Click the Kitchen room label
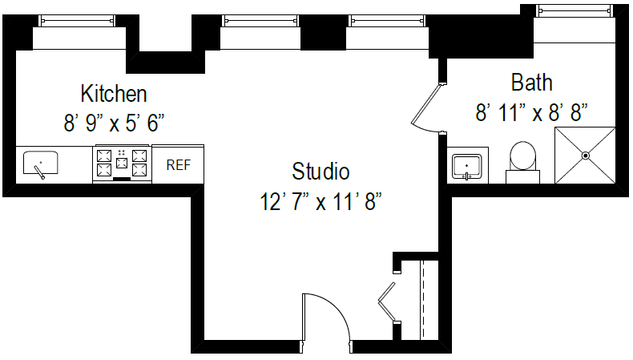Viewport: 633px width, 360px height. pyautogui.click(x=114, y=94)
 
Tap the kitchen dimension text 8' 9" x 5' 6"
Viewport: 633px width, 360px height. pyautogui.click(x=114, y=123)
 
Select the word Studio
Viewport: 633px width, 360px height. pyautogui.click(x=321, y=171)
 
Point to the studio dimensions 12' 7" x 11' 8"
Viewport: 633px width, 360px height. pyautogui.click(x=321, y=200)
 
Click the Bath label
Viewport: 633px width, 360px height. pyautogui.click(x=532, y=83)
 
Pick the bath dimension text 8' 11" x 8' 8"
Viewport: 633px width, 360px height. pyautogui.click(x=532, y=112)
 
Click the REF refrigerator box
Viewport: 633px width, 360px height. pyautogui.click(x=178, y=165)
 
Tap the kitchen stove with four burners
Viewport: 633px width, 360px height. pyautogui.click(x=122, y=164)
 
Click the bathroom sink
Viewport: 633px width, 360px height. pyautogui.click(x=466, y=167)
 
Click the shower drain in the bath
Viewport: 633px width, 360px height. pyautogui.click(x=586, y=156)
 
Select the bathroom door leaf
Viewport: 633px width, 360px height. pyautogui.click(x=425, y=105)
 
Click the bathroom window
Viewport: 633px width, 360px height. pyautogui.click(x=574, y=10)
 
